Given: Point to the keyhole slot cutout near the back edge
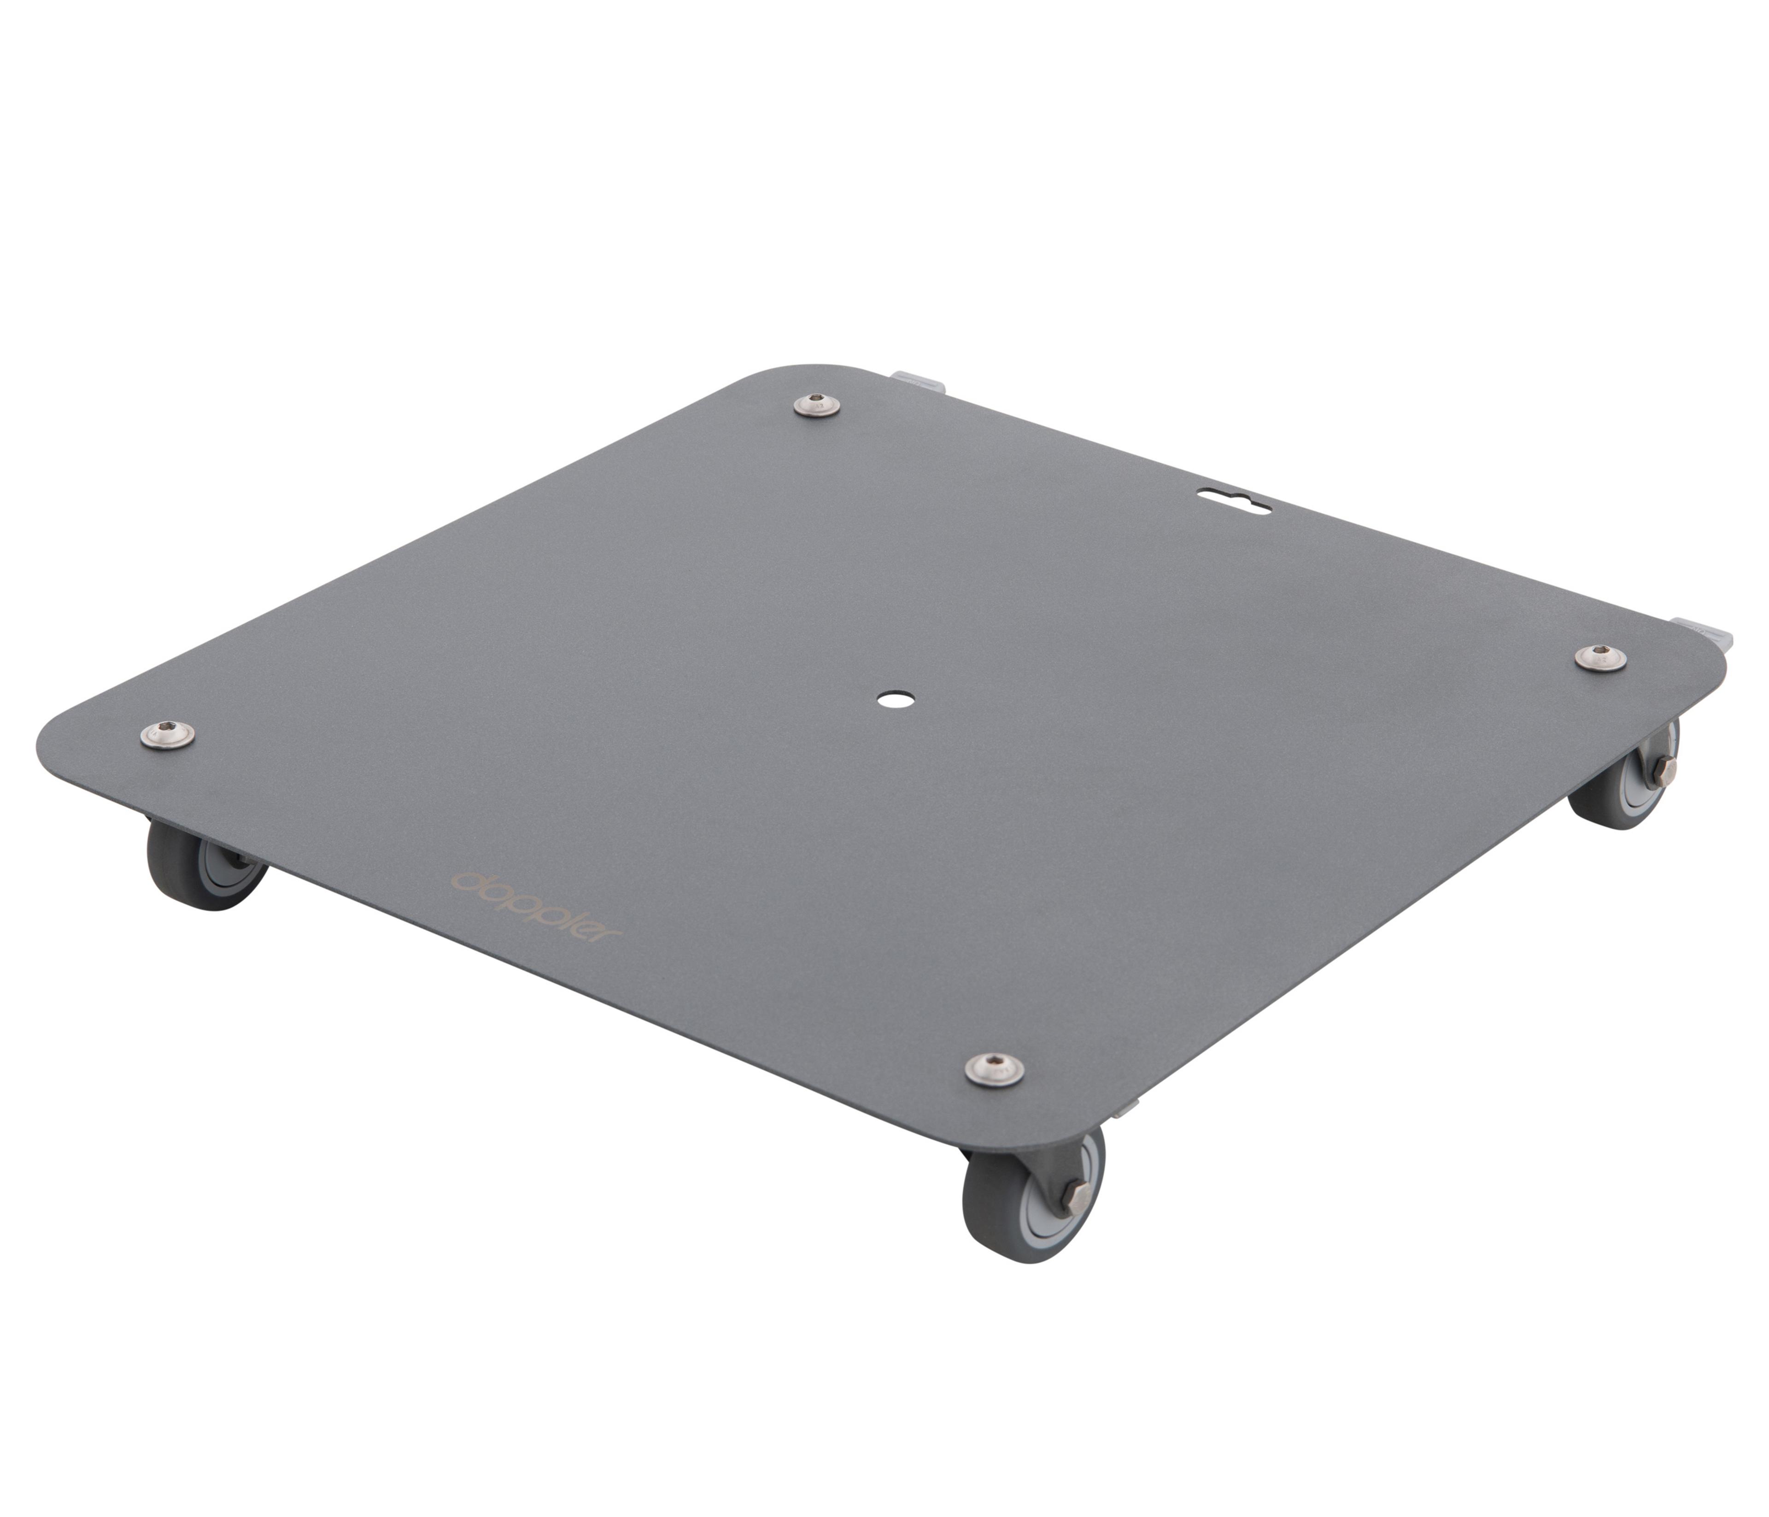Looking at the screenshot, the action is tap(1235, 500).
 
